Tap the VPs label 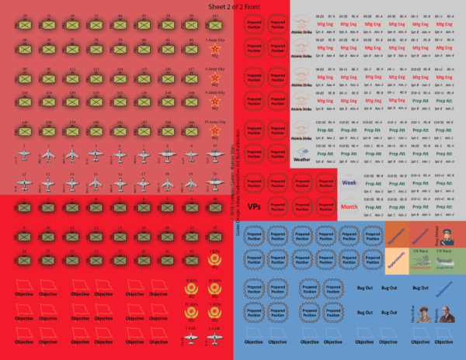[x=254, y=207]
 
